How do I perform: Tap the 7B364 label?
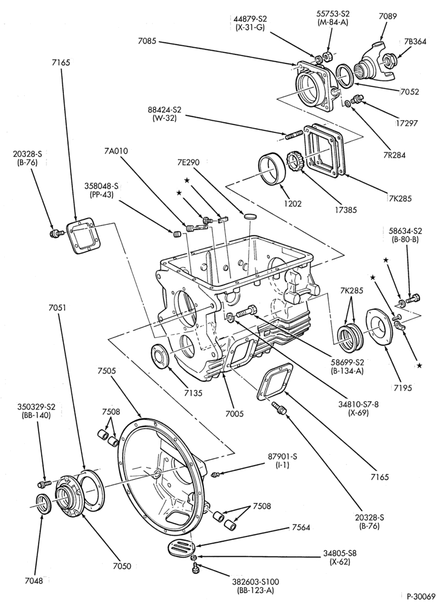point(415,42)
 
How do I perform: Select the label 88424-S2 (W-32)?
point(164,114)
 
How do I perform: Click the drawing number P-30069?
point(417,596)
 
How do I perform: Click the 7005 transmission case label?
point(234,414)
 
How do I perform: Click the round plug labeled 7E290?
point(250,215)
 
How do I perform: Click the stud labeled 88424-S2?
point(292,136)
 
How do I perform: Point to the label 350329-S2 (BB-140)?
point(36,411)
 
